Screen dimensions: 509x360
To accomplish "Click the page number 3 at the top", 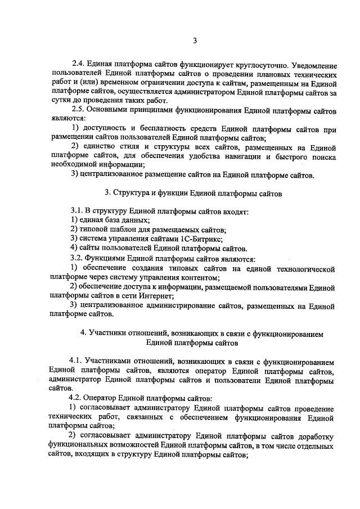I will click(x=195, y=40).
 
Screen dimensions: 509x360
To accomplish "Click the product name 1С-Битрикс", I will click(x=197, y=238).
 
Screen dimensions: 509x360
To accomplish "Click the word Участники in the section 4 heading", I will click(x=103, y=333).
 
